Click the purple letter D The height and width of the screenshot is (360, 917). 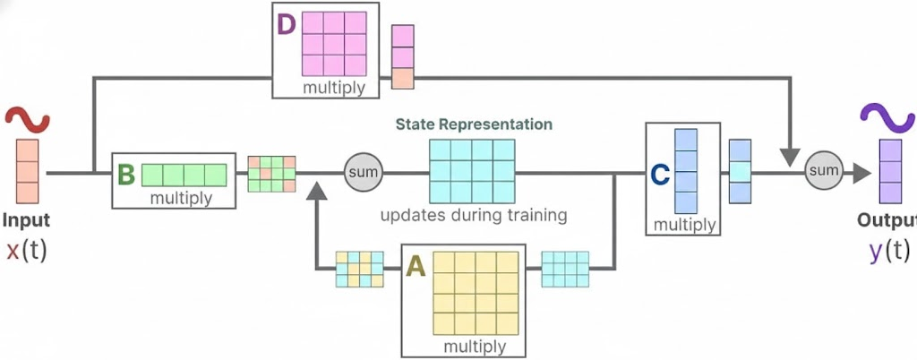(287, 24)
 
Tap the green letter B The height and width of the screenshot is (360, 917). (125, 174)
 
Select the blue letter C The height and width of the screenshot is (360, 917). (659, 176)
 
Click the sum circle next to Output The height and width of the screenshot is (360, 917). (824, 170)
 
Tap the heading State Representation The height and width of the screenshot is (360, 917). (475, 124)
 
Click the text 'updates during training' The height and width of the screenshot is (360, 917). (474, 216)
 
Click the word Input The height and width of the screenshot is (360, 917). (27, 220)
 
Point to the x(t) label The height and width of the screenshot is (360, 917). (26, 252)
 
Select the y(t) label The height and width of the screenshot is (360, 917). (889, 252)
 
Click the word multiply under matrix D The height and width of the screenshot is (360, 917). (333, 88)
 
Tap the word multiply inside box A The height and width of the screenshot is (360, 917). (475, 346)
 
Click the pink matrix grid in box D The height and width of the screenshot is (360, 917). (334, 42)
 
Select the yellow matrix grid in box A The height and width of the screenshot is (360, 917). (475, 292)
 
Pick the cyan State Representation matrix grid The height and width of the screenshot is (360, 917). (473, 171)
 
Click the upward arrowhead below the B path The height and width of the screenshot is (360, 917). (316, 191)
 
